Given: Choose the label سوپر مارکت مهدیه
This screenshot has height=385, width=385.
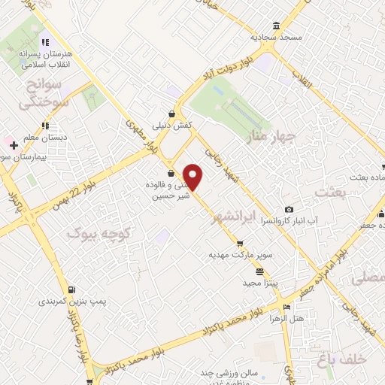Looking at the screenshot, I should pyautogui.click(x=239, y=256).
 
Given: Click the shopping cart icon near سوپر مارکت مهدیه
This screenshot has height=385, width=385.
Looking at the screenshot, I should pyautogui.click(x=240, y=244).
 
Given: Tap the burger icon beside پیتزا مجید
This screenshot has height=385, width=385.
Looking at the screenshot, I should pyautogui.click(x=259, y=271).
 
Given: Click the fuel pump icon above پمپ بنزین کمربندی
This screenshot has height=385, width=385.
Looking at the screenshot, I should pyautogui.click(x=71, y=289).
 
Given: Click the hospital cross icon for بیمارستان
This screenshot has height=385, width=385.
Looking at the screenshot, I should pyautogui.click(x=14, y=144).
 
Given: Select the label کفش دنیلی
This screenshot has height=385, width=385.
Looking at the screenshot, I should pyautogui.click(x=172, y=126).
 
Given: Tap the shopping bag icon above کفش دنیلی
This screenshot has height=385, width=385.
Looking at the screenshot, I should pyautogui.click(x=173, y=114).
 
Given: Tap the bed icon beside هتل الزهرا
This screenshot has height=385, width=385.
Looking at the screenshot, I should pyautogui.click(x=286, y=307).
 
